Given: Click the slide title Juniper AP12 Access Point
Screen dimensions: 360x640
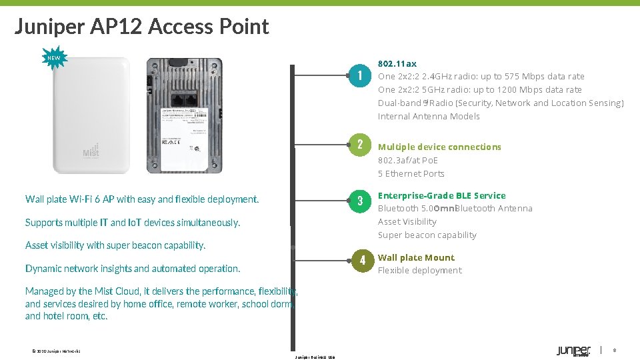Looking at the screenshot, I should coord(141,27).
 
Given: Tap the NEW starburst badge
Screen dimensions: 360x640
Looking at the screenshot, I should coord(53,58).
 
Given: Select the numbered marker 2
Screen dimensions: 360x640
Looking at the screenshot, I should coord(359,145).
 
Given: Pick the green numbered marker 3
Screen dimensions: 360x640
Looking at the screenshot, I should coord(359,201).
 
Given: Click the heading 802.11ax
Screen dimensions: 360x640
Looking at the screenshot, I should coord(397,63).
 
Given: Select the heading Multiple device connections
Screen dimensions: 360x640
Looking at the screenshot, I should coord(439,147).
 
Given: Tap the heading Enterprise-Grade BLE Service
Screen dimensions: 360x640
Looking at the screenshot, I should coord(441,195).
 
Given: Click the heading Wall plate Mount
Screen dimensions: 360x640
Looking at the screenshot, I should coord(416,257).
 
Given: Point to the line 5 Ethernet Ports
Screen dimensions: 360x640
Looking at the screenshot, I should coord(411,173).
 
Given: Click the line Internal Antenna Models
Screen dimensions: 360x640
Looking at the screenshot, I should coord(429,116).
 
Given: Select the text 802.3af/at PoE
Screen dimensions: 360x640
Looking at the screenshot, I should coord(408,160).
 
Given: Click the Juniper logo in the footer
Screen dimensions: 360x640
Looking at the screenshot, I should coord(573,351).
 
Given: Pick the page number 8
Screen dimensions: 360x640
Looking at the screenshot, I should coord(614,350).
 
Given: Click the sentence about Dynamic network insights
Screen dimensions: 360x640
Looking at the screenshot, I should coord(133,269).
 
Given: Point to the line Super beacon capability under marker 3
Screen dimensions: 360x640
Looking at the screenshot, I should coord(427,235).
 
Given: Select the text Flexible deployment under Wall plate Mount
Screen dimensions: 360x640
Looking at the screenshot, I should coord(419,270).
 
